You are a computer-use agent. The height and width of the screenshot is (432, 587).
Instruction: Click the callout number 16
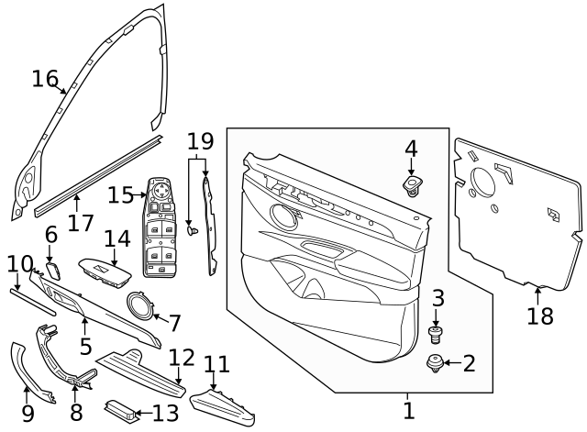click(44, 79)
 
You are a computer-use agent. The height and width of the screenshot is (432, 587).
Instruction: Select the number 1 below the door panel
click(409, 410)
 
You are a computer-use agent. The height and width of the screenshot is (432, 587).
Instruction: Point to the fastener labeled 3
click(437, 332)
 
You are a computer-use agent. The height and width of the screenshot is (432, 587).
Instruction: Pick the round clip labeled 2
click(435, 365)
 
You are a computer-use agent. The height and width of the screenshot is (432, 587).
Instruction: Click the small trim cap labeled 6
click(52, 271)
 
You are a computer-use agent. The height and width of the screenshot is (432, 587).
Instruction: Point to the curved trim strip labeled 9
click(20, 376)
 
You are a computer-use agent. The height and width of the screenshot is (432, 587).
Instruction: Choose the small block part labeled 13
click(123, 412)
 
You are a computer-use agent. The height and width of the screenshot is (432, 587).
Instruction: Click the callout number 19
click(200, 141)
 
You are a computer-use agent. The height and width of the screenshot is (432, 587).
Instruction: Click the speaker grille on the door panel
click(284, 216)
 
